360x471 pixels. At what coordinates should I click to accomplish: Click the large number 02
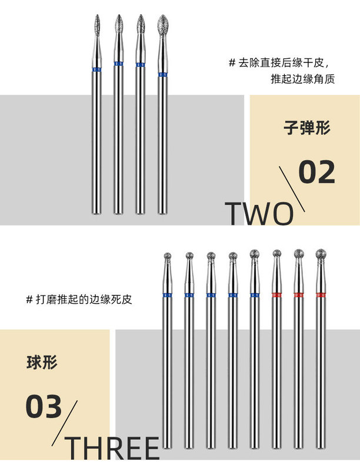316,171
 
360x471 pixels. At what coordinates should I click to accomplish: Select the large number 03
44,407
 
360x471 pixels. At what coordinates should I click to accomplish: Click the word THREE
112,449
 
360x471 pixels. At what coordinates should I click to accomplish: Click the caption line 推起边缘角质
302,79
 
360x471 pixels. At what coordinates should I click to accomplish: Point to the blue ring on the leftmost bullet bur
96,70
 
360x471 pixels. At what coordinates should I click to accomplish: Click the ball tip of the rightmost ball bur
321,254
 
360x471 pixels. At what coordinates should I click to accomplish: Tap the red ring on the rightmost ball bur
321,294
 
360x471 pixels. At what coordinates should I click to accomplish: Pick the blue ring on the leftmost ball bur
168,294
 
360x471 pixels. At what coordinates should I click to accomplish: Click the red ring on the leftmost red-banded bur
277,294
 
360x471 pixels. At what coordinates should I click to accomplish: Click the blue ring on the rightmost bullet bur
162,75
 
